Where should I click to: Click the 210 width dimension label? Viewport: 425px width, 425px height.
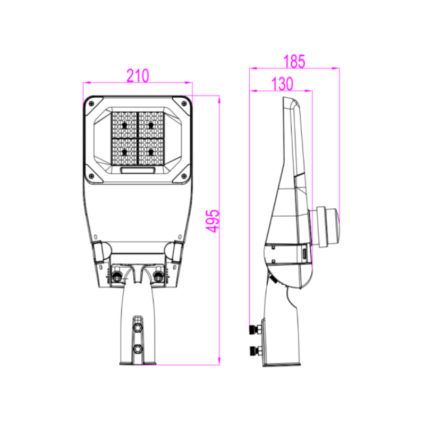click(138, 75)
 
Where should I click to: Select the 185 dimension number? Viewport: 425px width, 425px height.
click(294, 61)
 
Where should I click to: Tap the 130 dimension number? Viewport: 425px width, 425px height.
click(282, 84)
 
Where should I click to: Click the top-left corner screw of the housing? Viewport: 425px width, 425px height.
click(91, 104)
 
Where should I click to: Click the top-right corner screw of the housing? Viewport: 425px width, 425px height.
click(184, 104)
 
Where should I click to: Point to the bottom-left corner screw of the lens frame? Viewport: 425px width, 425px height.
click(91, 176)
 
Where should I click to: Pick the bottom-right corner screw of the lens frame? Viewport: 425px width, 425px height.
click(184, 176)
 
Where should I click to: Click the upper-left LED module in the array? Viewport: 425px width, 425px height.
click(125, 125)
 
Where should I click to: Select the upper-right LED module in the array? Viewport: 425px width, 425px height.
click(151, 125)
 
